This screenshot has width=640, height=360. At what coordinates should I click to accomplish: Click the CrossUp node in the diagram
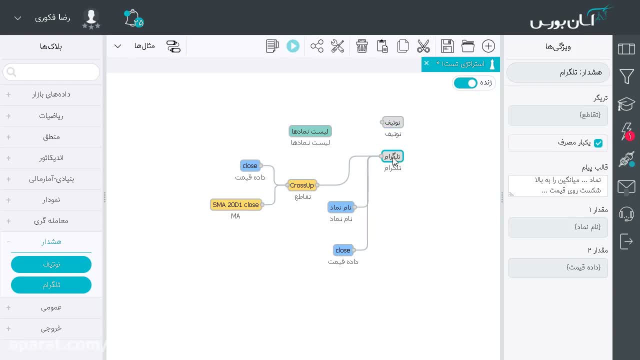coord(302,185)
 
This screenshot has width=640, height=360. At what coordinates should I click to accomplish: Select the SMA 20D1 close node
coord(235,204)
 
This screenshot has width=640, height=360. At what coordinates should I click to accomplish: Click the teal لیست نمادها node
coord(310,131)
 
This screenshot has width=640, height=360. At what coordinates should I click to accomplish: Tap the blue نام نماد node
coord(340,207)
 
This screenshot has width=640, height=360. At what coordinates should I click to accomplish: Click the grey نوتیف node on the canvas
coord(392,122)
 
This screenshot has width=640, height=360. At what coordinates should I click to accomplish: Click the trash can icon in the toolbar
coord(361,46)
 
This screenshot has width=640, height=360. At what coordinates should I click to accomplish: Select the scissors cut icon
coord(423,46)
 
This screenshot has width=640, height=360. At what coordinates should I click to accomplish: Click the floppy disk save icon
coord(447,46)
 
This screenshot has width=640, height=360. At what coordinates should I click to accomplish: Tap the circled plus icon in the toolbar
coord(488,46)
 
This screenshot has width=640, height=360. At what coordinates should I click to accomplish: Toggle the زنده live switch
coord(465,83)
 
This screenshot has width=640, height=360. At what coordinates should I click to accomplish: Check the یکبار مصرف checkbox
coord(598,143)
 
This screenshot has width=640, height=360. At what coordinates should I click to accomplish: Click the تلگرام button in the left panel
coord(51,285)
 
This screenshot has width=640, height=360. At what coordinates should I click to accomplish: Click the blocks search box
coord(51,72)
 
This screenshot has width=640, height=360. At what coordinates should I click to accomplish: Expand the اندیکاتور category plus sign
coord(8,158)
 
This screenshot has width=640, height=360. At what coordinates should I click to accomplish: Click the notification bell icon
coord(133,18)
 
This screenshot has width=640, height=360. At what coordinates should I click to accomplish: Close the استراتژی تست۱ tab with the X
coord(426,63)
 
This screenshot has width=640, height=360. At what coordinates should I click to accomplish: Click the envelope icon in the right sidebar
coord(626,187)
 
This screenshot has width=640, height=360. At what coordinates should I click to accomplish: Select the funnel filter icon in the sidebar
coord(626,76)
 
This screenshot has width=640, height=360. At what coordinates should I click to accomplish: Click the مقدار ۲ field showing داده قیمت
coord(558,267)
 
